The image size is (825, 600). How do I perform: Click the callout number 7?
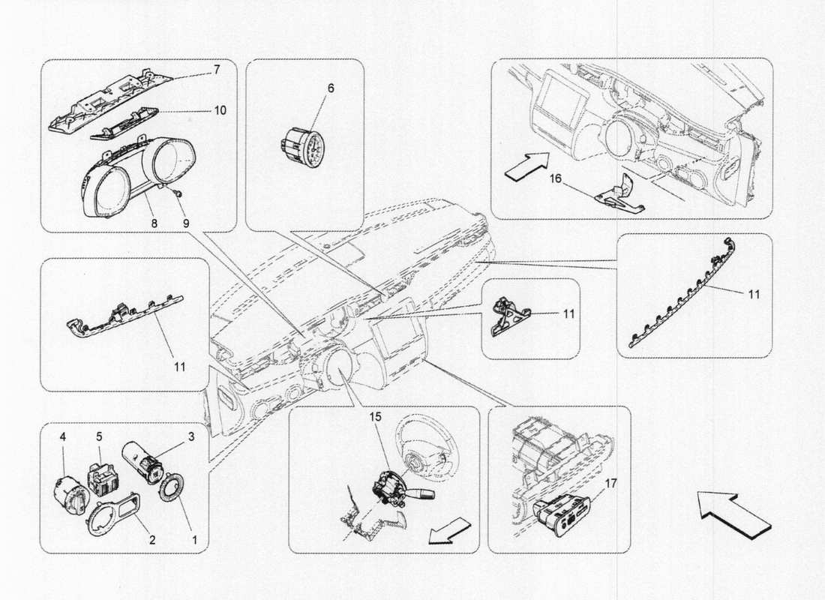pyautogui.click(x=216, y=69)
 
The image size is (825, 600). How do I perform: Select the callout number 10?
pyautogui.click(x=219, y=109)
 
